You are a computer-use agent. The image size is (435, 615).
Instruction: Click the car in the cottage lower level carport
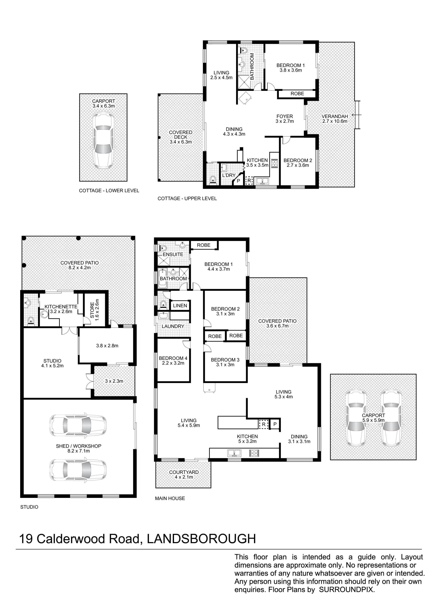click(103, 141)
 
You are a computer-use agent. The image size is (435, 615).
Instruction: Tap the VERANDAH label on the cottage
click(335, 116)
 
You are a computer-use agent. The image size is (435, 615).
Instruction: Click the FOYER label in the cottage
click(285, 116)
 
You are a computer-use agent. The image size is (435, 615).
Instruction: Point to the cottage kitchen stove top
click(275, 163)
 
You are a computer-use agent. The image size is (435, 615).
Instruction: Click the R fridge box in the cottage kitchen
click(249, 181)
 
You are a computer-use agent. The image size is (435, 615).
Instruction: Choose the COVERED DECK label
click(181, 135)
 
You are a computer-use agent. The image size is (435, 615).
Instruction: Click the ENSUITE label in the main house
click(173, 254)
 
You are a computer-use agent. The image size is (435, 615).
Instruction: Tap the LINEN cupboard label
click(180, 306)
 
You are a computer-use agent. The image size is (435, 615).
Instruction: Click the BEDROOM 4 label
click(173, 358)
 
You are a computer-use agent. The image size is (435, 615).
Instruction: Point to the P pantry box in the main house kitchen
click(275, 424)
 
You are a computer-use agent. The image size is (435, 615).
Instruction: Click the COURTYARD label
click(184, 472)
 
